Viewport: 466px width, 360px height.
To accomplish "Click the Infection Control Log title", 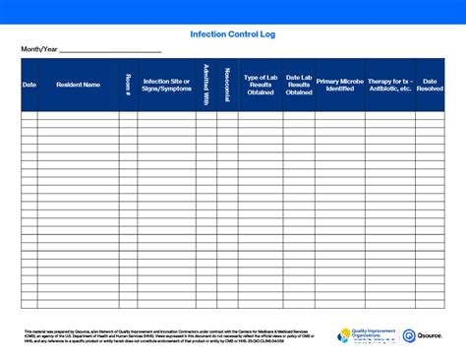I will [x=233, y=32].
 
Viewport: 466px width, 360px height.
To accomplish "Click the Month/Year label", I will [x=38, y=48].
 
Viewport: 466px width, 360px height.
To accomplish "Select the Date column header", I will [x=29, y=85].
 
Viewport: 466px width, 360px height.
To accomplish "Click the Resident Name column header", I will [x=79, y=85].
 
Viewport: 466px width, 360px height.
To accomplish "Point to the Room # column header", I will [x=128, y=85].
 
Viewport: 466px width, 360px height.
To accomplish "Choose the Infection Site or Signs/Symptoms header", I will [x=167, y=85].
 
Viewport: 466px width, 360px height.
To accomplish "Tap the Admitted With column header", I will [x=206, y=85].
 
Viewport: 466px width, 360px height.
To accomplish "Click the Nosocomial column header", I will [x=227, y=85].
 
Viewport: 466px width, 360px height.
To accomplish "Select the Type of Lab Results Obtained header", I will [x=261, y=85].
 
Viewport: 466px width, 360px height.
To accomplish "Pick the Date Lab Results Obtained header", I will [x=300, y=85].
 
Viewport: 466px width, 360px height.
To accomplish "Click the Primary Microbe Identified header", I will [x=340, y=85].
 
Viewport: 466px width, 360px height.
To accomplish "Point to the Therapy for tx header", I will [x=389, y=85].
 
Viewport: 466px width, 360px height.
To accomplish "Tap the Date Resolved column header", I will [x=430, y=85].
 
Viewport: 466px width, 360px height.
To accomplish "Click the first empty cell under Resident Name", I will [x=79, y=116].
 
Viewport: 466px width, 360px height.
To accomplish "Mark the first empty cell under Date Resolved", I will [x=430, y=116].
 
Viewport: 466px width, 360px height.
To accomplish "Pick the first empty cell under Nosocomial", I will [x=227, y=116].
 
